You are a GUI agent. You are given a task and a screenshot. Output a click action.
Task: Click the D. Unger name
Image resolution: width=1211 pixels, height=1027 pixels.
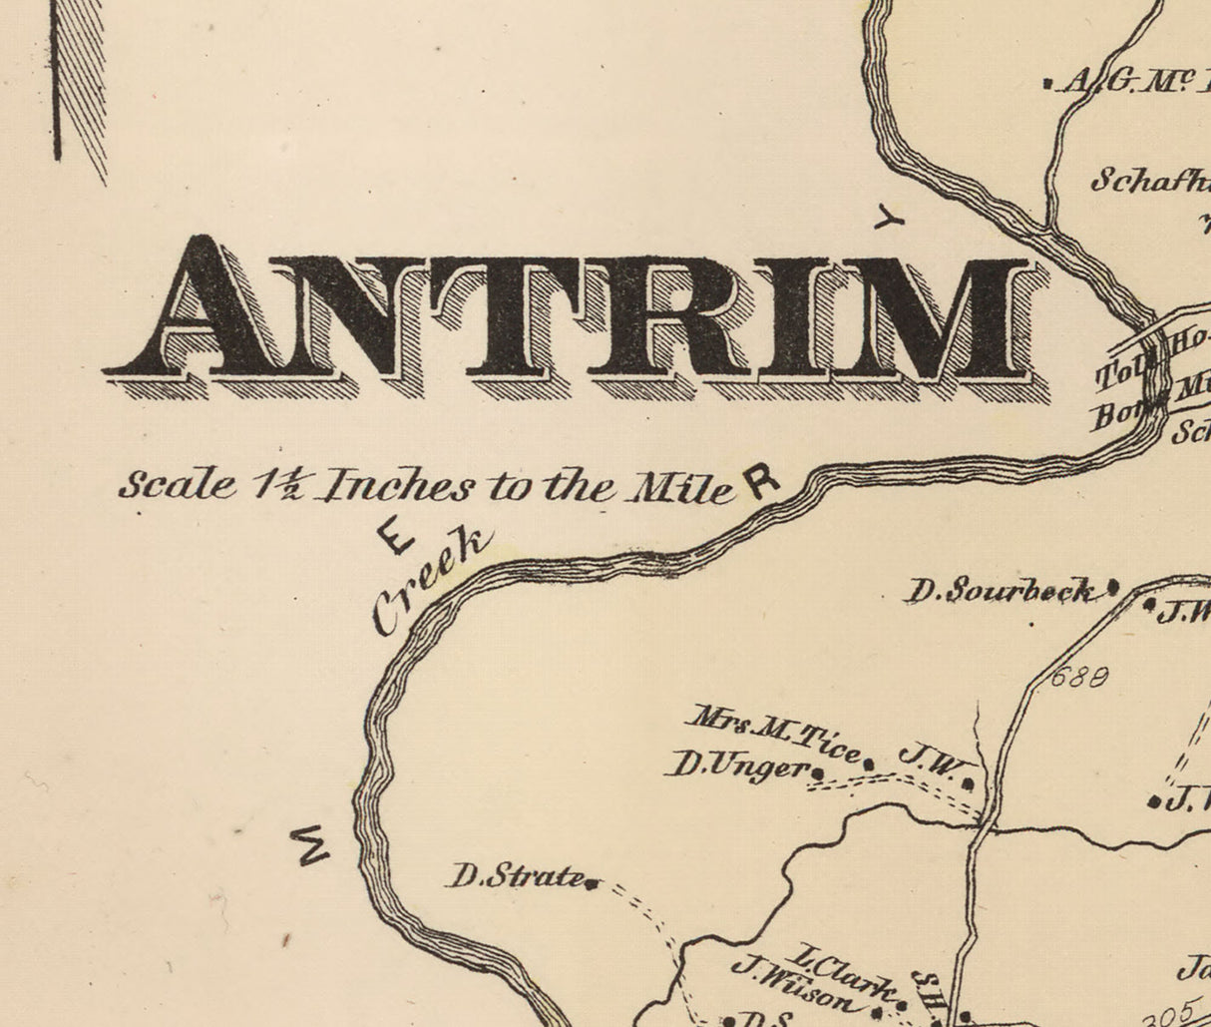click(x=738, y=767)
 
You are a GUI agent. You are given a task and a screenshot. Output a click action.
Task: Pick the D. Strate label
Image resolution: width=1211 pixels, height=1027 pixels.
click(x=516, y=878)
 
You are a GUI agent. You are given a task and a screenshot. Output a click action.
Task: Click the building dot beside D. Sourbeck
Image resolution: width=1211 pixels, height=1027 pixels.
click(x=1113, y=588)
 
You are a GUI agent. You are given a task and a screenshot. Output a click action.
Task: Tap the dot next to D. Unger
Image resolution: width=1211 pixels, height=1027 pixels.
click(x=819, y=771)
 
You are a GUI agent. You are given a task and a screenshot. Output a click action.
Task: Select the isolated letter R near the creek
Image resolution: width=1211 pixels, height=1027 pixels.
click(x=761, y=481)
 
